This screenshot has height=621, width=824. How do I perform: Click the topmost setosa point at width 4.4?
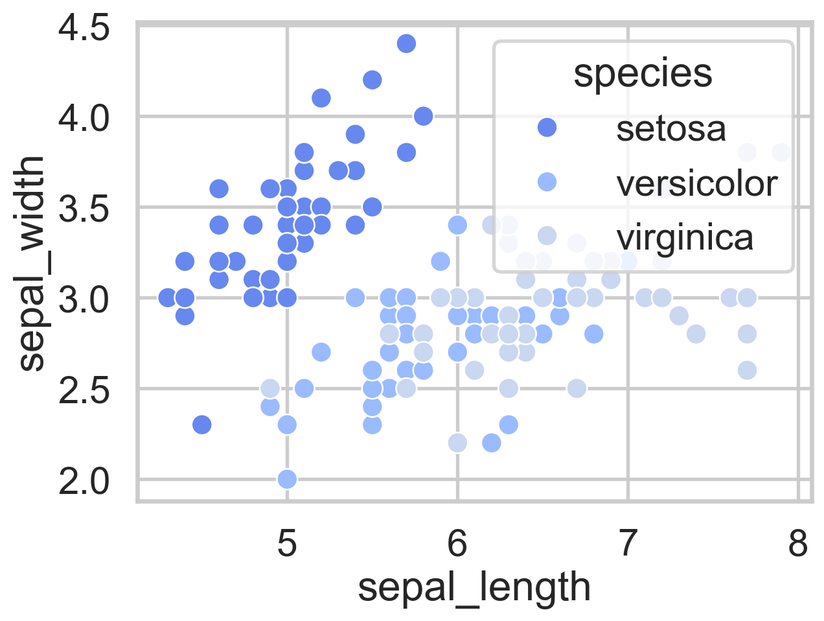(406, 43)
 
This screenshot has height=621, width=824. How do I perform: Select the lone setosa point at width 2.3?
(201, 425)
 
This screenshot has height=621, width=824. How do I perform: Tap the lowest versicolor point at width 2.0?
(287, 479)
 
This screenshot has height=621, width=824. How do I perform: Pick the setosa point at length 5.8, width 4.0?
(423, 116)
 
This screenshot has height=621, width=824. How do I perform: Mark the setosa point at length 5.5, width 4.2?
(372, 80)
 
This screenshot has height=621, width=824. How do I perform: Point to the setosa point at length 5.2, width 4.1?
(321, 98)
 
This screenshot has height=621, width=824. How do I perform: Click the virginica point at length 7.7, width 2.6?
(747, 370)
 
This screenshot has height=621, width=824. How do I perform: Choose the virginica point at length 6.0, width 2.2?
(457, 443)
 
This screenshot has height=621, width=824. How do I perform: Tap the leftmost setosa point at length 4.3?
(168, 298)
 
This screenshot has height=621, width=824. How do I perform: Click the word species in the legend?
(643, 73)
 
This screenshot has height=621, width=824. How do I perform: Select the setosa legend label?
(670, 128)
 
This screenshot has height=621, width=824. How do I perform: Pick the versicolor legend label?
(696, 183)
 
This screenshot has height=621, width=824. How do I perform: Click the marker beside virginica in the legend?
(547, 236)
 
